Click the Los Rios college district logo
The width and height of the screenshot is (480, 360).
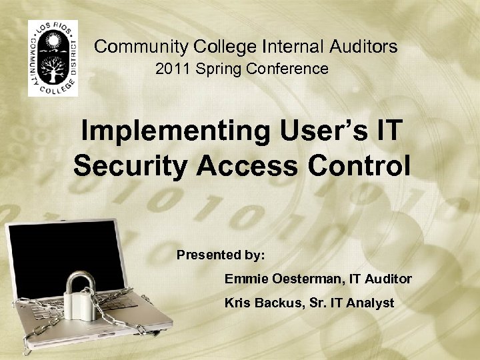coord(53,58)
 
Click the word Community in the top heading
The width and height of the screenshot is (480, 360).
coord(141,47)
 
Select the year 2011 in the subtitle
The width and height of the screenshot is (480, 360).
coord(170,69)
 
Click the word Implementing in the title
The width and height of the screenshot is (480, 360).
coord(172,131)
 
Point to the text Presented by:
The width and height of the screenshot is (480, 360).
coord(221,255)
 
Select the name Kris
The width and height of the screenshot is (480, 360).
coord(237,303)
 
